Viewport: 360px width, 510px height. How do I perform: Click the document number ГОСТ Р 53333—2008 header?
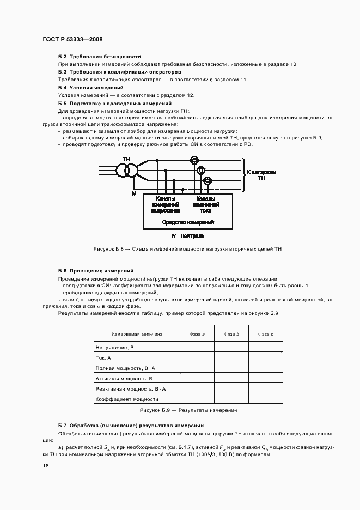point(72,40)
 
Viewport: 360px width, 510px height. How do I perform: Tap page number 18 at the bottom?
point(45,466)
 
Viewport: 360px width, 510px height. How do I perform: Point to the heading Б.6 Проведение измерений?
point(95,270)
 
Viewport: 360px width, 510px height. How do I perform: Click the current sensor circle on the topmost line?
point(193,160)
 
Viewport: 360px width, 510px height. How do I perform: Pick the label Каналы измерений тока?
point(205,204)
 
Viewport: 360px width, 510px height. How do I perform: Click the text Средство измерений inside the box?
point(188,222)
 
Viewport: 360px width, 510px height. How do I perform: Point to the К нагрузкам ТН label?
point(261,175)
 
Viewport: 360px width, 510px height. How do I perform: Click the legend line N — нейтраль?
point(187,236)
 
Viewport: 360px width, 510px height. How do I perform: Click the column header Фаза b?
point(231,334)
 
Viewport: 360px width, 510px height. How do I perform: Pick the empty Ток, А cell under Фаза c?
point(265,357)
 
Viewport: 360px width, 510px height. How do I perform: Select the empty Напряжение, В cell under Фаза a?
point(197,347)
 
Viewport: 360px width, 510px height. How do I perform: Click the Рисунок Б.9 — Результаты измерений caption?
point(188,410)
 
